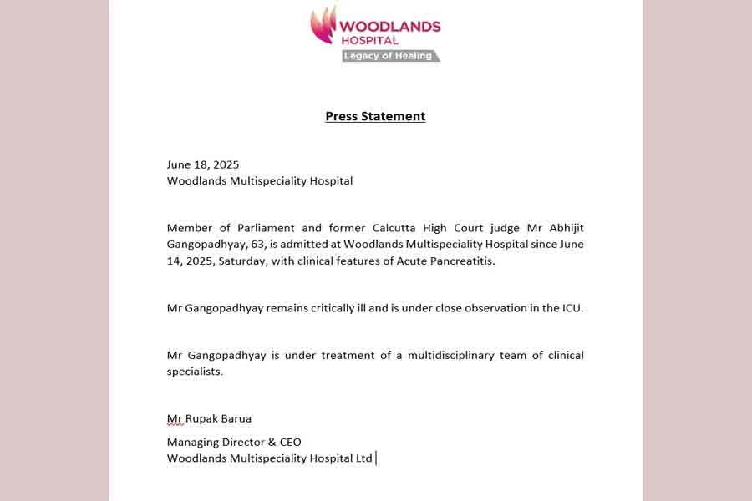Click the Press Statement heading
pyautogui.click(x=375, y=116)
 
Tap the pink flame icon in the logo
pyautogui.click(x=323, y=24)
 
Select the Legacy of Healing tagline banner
pyautogui.click(x=389, y=56)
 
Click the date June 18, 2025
pyautogui.click(x=203, y=164)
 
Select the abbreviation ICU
pyautogui.click(x=571, y=308)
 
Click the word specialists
pyautogui.click(x=195, y=371)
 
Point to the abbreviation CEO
pyautogui.click(x=288, y=442)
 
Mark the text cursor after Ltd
pyautogui.click(x=377, y=458)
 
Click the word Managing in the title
pyautogui.click(x=192, y=442)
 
